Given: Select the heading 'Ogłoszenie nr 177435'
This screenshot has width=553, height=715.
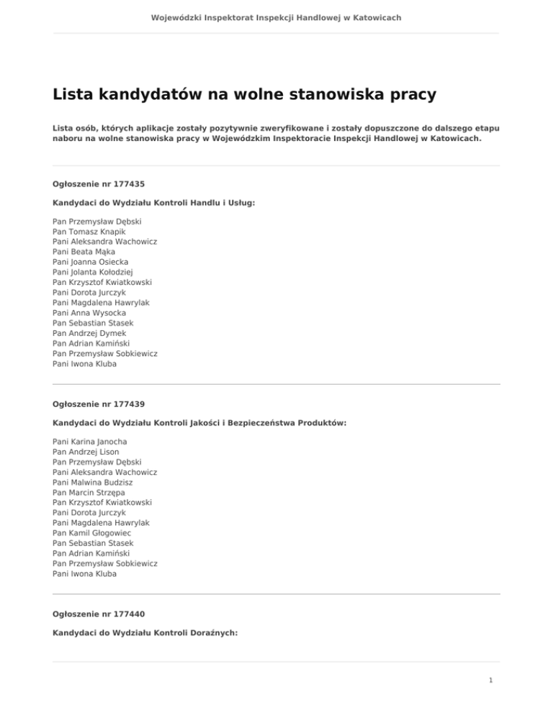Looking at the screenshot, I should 94,184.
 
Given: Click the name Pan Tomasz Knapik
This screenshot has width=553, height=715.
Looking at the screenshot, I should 89,232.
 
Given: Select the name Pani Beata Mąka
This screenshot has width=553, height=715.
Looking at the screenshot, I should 84,252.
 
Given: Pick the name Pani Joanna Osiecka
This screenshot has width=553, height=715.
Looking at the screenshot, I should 90,263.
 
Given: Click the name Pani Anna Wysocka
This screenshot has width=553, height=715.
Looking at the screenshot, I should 89,313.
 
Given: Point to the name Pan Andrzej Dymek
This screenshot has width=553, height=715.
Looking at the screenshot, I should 89,333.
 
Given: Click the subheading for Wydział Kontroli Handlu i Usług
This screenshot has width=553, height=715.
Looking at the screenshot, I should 154,203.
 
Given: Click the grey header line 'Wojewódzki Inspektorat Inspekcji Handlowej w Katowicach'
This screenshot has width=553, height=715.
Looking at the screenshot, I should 276,17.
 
